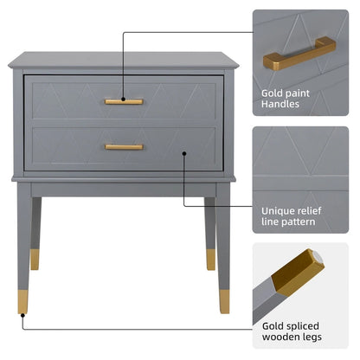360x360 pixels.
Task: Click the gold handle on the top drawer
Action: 124,102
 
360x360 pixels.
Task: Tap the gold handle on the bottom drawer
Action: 124,147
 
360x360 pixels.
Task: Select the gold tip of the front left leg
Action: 23,301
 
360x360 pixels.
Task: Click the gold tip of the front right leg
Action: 224,301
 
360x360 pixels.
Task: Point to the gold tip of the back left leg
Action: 35,259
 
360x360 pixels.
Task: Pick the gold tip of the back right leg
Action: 210,259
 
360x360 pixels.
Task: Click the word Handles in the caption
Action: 280,104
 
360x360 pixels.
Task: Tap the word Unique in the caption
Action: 279,209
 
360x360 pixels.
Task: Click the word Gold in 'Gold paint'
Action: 273,91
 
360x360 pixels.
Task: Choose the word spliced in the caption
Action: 308,325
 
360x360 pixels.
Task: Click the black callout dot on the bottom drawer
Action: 184,153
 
